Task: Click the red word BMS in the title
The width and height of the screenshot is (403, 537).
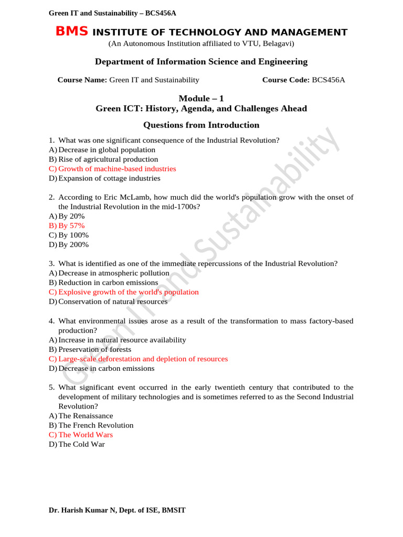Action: point(72,32)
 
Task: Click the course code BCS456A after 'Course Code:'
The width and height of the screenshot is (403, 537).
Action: point(328,80)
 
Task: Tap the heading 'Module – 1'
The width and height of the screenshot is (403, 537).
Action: point(201,98)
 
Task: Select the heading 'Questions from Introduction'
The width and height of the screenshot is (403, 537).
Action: point(201,125)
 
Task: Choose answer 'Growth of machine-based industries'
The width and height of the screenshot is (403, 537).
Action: point(117,169)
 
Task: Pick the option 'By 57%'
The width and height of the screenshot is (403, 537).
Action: point(71,225)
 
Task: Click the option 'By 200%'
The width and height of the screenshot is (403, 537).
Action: point(73,244)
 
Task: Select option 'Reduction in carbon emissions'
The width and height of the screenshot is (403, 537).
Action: point(108,283)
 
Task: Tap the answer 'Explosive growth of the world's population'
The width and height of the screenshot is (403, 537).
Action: point(129,292)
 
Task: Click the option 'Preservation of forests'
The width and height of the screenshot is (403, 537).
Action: point(95,349)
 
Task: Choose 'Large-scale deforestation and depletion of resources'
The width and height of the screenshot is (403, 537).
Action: point(143,359)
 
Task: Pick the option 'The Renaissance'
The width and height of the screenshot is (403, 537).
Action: point(86,416)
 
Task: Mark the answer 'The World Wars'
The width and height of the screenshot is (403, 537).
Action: point(86,435)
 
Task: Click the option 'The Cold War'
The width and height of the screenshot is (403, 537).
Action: point(81,444)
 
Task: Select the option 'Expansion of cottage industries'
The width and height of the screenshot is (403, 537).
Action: point(109,178)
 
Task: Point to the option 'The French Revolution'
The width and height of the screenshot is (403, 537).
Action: point(96,425)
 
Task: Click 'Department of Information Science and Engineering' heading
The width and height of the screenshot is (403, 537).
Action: point(201,62)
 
